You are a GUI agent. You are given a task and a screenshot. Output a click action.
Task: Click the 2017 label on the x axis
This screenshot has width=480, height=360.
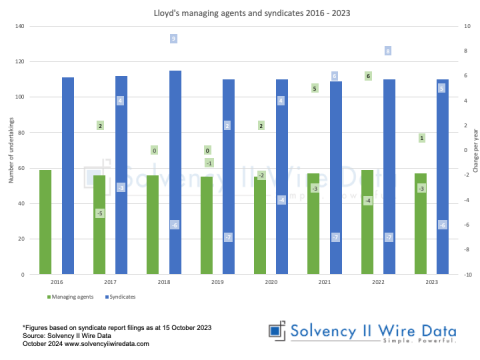click(110, 282)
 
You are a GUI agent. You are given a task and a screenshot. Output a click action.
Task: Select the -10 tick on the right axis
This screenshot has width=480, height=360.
click(463, 274)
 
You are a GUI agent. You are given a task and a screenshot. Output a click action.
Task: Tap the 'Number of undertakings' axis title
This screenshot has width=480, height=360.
click(9, 150)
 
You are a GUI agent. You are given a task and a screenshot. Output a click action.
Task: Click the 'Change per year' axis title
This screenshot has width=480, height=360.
click(474, 150)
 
